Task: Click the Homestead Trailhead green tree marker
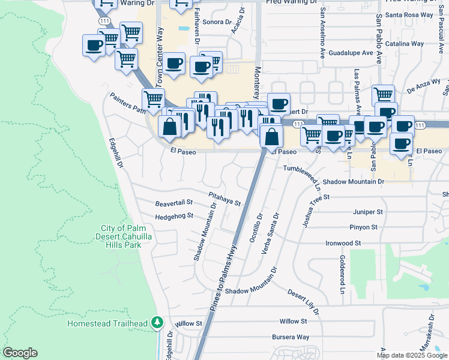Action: tap(157, 323)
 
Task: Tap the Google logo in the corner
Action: tap(20, 353)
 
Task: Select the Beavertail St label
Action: tap(173, 203)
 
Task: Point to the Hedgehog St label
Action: tap(174, 216)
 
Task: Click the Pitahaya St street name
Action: tap(224, 199)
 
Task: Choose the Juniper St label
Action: tap(368, 212)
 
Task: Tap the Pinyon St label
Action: tap(363, 227)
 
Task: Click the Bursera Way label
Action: tap(291, 337)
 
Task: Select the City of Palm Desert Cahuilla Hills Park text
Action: tap(130, 237)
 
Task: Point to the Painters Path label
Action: tap(127, 103)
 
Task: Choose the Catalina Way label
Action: tap(406, 44)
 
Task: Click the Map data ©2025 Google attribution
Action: tap(411, 355)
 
